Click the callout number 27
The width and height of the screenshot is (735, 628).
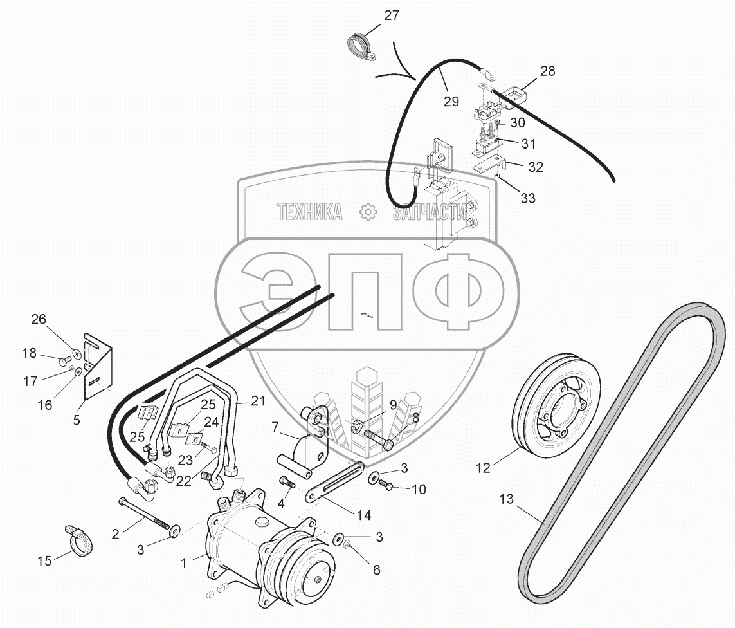point(392,16)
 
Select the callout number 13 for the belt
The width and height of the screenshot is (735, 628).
point(507,499)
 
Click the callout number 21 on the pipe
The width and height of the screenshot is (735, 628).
point(257,402)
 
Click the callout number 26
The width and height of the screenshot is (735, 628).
point(39,319)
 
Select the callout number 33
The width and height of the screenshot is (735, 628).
point(527,198)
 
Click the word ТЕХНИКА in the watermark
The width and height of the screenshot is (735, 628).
point(309,212)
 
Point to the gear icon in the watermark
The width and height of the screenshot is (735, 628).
point(367,212)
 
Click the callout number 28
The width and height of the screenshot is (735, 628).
point(547,71)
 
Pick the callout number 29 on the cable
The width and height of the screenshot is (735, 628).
point(451,100)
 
